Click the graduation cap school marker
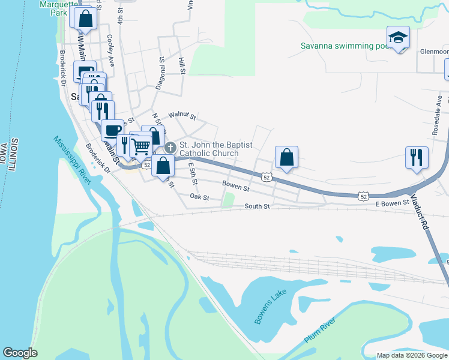tap(398, 37)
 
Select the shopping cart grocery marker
tap(140, 146)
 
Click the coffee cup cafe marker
tap(112, 130)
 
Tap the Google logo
tap(20, 353)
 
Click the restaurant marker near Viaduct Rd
tap(417, 157)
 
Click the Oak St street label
tap(199, 197)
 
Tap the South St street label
tap(258, 206)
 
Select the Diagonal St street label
tap(160, 73)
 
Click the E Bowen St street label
tap(392, 203)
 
